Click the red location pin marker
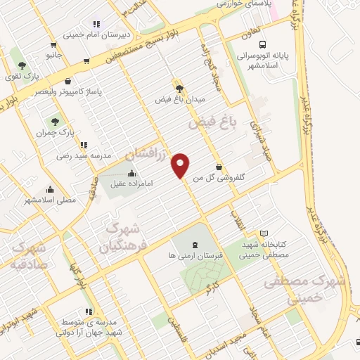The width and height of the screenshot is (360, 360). (x=181, y=164)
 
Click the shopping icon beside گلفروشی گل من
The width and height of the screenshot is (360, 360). (x=219, y=167)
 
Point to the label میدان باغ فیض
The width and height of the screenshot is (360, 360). (x=179, y=100)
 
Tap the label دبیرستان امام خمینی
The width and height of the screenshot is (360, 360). (x=97, y=34)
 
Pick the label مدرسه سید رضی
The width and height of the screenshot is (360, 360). (x=84, y=157)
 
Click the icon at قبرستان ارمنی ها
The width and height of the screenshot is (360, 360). (x=194, y=243)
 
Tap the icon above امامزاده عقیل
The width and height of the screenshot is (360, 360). (x=131, y=174)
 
